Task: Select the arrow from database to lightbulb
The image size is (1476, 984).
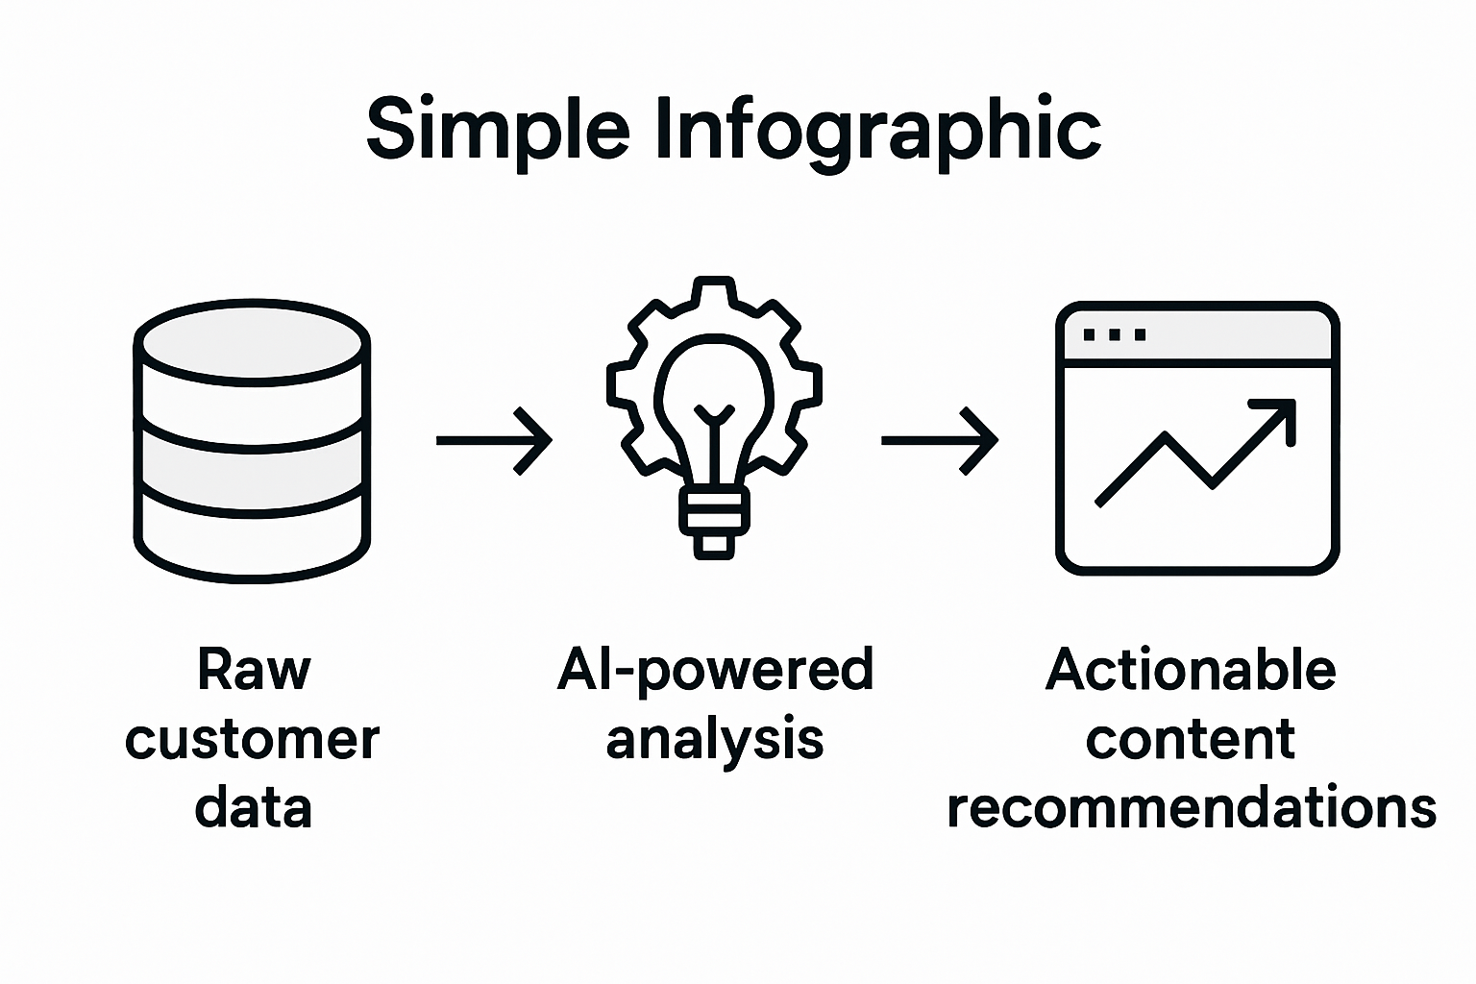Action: point(494,441)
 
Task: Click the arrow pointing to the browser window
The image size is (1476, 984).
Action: point(940,441)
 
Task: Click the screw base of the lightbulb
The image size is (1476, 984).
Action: point(713,519)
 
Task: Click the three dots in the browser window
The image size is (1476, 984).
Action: point(1114,335)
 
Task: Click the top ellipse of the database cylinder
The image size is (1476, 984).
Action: point(252,342)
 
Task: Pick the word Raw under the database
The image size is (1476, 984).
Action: point(254,670)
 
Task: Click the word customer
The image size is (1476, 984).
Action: point(253,740)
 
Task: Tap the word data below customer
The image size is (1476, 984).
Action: point(254,809)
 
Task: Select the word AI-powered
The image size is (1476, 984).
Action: point(715,670)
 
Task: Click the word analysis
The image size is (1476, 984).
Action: point(715,740)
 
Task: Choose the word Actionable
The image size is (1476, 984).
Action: point(1191,670)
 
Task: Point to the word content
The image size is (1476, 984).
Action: point(1191,740)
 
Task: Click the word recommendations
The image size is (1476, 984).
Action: point(1192,809)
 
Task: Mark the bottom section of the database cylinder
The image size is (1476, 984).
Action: point(252,538)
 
